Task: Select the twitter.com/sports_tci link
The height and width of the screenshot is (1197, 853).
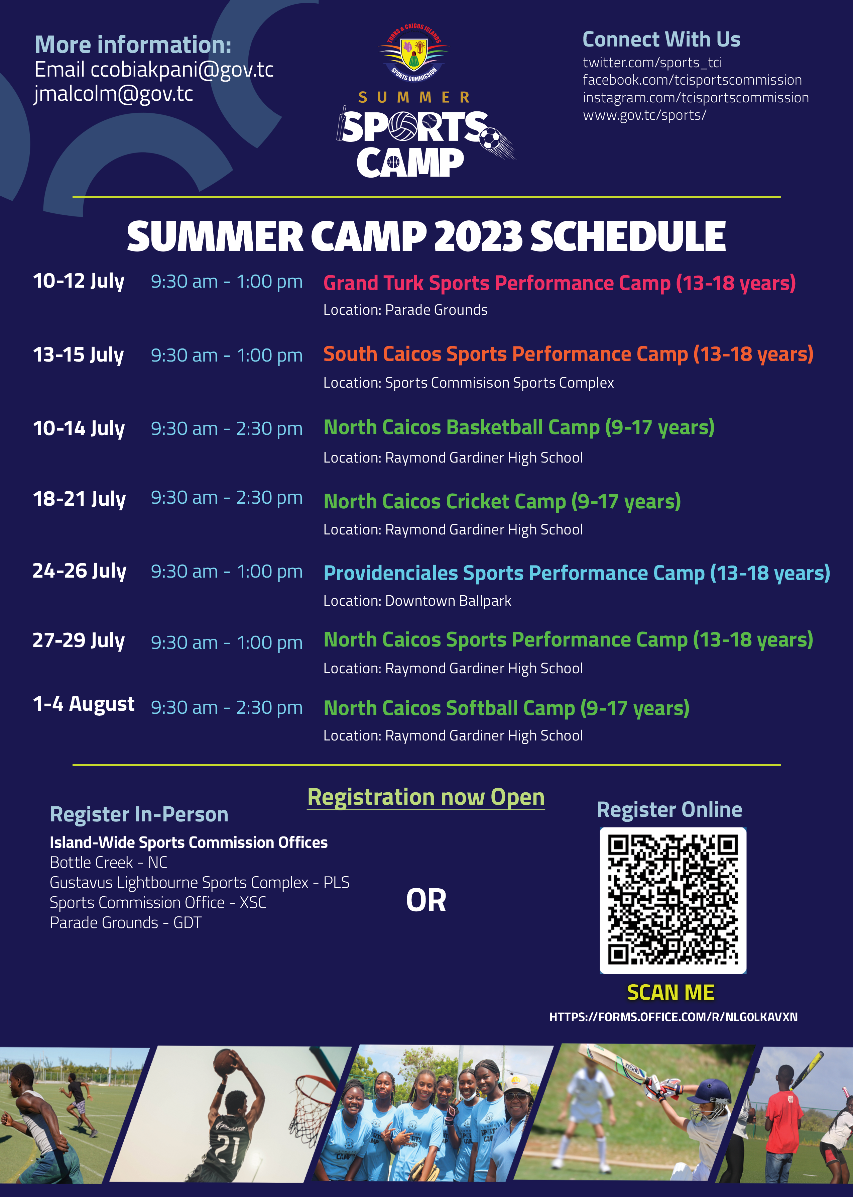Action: (652, 63)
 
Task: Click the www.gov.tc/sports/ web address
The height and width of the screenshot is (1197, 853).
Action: (644, 115)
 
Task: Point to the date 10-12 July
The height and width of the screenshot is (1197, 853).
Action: (79, 281)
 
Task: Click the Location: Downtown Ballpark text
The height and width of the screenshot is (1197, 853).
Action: (417, 601)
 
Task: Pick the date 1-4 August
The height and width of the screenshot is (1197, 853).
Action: (84, 704)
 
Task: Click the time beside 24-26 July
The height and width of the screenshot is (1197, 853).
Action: (226, 572)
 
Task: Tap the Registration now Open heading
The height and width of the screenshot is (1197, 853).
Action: (426, 797)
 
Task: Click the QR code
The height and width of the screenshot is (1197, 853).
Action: (673, 901)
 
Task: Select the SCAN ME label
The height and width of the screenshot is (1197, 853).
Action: (671, 993)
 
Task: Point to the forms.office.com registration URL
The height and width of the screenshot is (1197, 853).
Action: (674, 1017)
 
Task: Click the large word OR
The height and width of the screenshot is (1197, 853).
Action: (426, 901)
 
